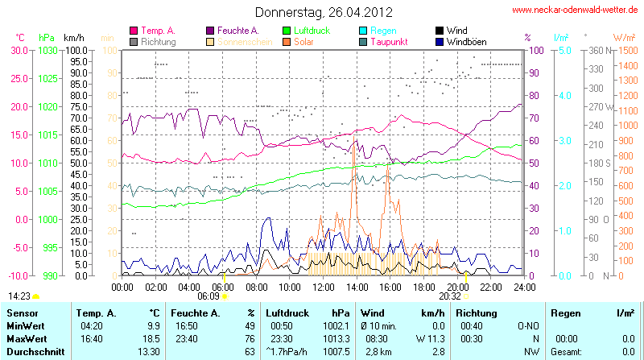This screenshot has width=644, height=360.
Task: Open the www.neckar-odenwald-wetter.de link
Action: [x=576, y=10]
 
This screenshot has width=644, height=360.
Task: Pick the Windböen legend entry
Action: [x=466, y=41]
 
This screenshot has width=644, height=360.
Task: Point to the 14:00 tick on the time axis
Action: [x=357, y=287]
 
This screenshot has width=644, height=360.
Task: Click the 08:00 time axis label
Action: [x=256, y=287]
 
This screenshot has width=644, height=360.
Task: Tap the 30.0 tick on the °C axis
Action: [x=19, y=50]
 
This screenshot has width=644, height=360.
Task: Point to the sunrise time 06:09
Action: [x=208, y=296]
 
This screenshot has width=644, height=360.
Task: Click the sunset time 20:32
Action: [x=450, y=296]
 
